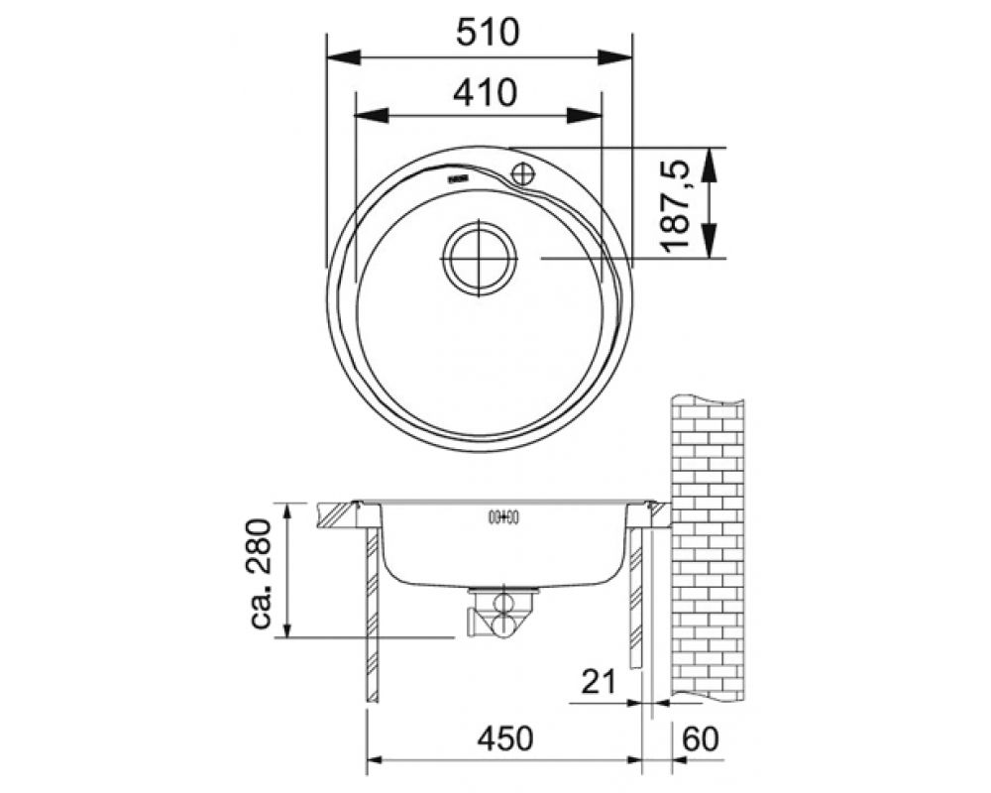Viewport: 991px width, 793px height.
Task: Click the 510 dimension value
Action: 488,33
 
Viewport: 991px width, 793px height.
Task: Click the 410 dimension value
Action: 485,92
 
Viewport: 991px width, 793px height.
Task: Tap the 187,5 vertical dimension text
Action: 676,206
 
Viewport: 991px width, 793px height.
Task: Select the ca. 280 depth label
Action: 261,574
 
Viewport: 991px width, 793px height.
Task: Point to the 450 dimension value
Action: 504,737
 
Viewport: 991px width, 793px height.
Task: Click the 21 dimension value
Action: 598,682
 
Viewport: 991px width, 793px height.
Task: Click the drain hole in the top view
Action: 480,259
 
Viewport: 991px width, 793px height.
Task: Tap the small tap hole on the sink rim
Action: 522,173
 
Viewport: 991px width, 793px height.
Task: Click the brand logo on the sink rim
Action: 458,178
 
